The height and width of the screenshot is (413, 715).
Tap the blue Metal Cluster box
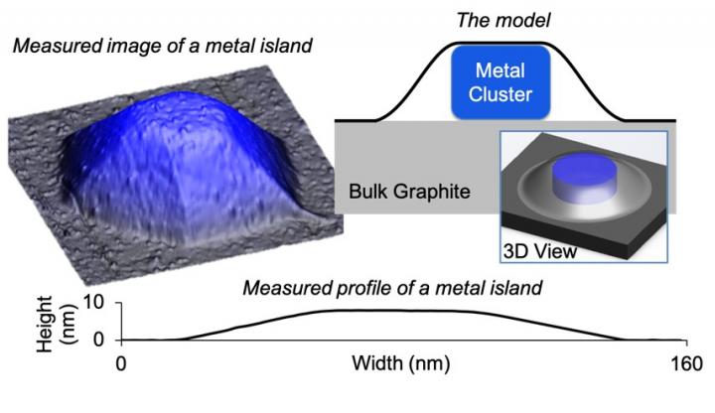tap(502, 84)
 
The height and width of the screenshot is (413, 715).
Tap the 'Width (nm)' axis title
tap(398, 362)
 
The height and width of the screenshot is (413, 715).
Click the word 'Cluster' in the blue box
tap(502, 97)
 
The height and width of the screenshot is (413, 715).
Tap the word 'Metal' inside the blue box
tap(502, 71)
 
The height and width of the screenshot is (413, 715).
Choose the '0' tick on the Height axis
tap(97, 339)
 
